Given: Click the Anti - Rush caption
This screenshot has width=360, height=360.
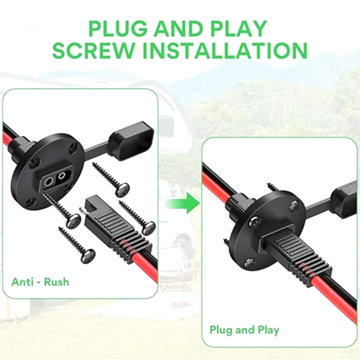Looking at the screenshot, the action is coord(40,282).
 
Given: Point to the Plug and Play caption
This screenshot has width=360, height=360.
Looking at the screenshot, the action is coord(244,330).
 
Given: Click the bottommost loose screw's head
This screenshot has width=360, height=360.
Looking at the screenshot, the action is coord(89,255).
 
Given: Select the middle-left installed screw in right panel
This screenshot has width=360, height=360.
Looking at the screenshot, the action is coord(256,222).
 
